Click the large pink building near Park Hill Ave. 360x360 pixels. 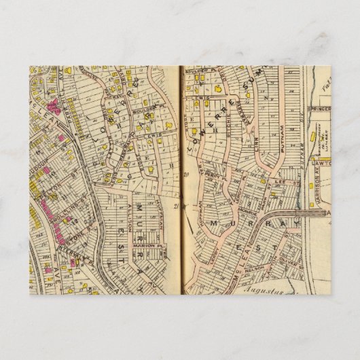pos(51,204)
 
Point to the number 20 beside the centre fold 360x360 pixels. pos(185,175)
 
